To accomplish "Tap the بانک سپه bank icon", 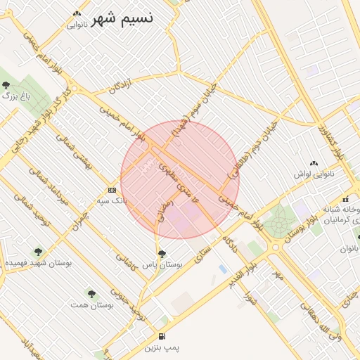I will coord(112,190).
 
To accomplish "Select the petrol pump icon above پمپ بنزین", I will coord(162,337).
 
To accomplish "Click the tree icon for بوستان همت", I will coord(91,293).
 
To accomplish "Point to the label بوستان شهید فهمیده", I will coord(39,262).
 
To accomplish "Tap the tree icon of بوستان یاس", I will coord(162,254).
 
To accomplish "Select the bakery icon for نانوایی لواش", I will coord(314,162).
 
